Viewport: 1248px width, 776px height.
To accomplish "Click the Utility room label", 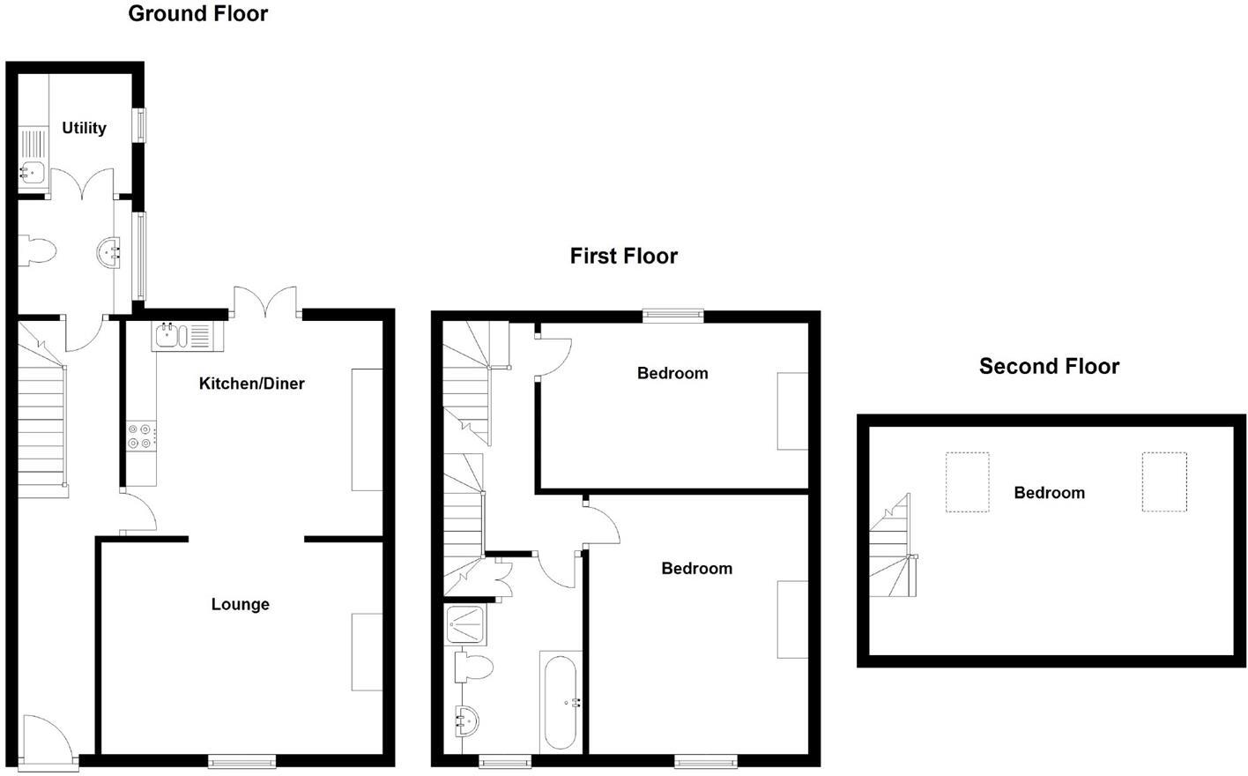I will pyautogui.click(x=84, y=128).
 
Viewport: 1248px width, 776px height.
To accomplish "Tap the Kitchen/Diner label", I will pyautogui.click(x=251, y=384).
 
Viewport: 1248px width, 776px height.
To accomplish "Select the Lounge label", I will pyautogui.click(x=240, y=604).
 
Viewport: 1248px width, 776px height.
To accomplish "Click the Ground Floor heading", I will pyautogui.click(x=197, y=13).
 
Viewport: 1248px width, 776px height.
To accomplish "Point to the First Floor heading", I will pyautogui.click(x=623, y=256).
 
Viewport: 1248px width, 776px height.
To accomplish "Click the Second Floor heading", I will pyautogui.click(x=1049, y=366).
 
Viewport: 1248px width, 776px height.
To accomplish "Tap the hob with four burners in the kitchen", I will pyautogui.click(x=141, y=436).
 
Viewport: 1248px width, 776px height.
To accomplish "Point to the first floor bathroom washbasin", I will pyautogui.click(x=467, y=721).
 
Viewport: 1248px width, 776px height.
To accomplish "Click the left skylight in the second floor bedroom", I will pyautogui.click(x=967, y=481).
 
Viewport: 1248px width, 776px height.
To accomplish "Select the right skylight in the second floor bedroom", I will pyautogui.click(x=1164, y=481).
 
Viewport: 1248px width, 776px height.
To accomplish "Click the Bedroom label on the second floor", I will pyautogui.click(x=1049, y=492).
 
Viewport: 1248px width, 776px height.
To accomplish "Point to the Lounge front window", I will pyautogui.click(x=242, y=760).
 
